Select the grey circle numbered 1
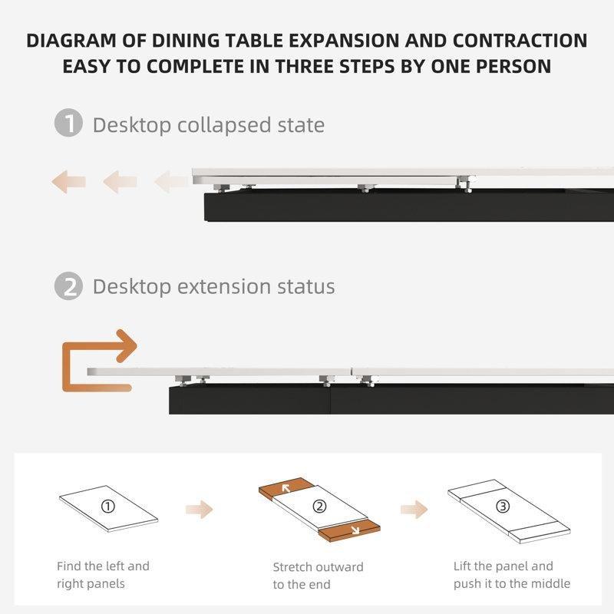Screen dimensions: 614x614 pyautogui.click(x=68, y=123)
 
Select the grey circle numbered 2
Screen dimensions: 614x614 pyautogui.click(x=68, y=286)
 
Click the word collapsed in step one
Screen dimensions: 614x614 pyautogui.click(x=224, y=125)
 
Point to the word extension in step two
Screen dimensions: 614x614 pyautogui.click(x=223, y=286)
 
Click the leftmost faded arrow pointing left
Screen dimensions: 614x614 pyautogui.click(x=68, y=182)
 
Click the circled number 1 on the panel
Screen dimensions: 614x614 pyautogui.click(x=108, y=507)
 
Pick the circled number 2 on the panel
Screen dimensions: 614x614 pyautogui.click(x=319, y=507)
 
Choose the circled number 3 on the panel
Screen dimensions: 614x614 pyautogui.click(x=503, y=507)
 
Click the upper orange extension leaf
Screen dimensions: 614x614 pyautogui.click(x=286, y=488)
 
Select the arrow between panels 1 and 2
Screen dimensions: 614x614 pyautogui.click(x=200, y=510)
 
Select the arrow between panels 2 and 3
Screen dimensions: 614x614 pyautogui.click(x=414, y=510)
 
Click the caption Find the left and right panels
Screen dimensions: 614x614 pyautogui.click(x=103, y=575)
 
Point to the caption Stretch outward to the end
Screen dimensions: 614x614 pyautogui.click(x=318, y=576)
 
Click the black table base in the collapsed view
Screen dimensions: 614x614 pyautogui.click(x=409, y=205)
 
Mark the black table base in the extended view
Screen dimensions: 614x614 pyautogui.click(x=391, y=399)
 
